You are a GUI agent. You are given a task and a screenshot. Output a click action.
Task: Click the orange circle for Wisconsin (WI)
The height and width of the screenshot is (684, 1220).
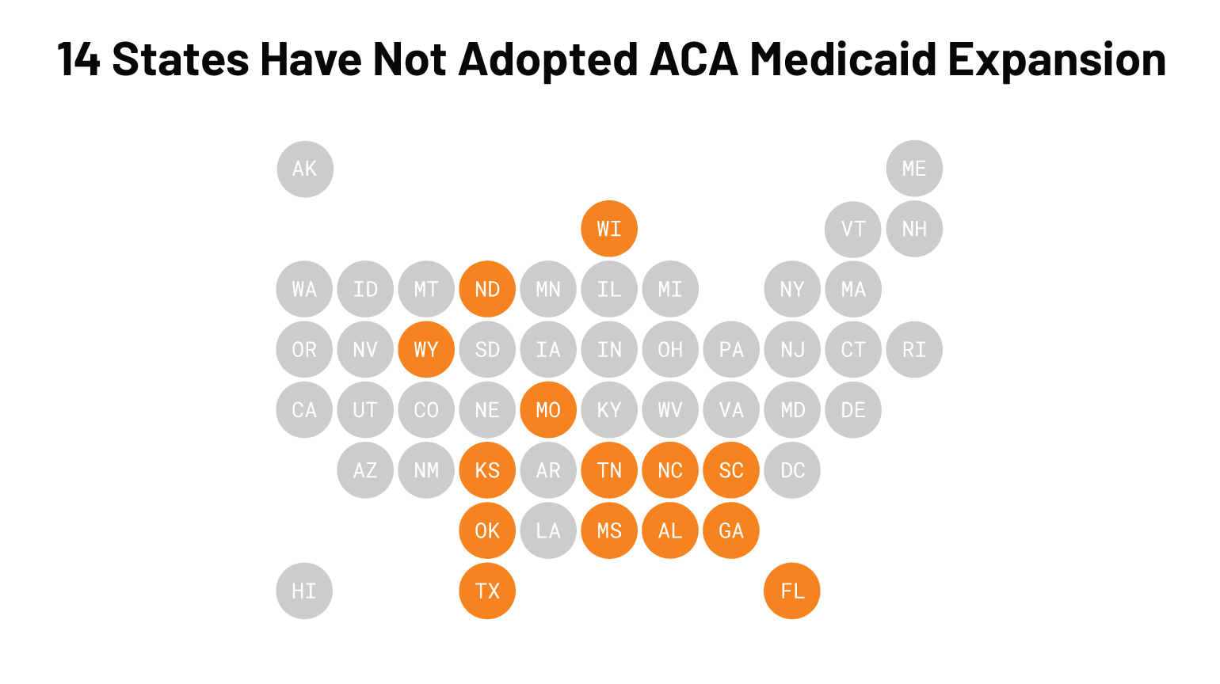click(609, 229)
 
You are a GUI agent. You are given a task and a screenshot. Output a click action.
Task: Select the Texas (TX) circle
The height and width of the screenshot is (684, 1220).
click(487, 591)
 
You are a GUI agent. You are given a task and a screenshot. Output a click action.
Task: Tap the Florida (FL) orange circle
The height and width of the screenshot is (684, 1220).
click(792, 591)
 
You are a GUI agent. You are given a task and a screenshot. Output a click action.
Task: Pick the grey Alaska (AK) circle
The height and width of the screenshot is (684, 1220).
click(305, 169)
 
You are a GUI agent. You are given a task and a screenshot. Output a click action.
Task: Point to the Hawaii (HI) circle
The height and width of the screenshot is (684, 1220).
click(304, 591)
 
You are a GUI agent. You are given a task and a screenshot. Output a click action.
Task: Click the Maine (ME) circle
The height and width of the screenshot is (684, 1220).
click(914, 169)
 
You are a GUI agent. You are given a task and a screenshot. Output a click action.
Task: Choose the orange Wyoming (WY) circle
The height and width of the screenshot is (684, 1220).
click(426, 349)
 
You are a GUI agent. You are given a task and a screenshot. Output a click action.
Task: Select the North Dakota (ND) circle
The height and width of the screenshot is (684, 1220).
click(487, 289)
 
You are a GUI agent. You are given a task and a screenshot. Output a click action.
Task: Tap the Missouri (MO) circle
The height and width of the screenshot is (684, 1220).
click(548, 410)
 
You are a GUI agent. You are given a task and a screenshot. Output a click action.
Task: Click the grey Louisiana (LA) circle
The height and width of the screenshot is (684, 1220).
click(548, 530)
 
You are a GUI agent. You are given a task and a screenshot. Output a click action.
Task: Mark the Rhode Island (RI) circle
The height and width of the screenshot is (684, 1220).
click(914, 349)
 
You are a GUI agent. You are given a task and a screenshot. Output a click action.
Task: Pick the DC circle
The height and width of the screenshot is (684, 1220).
click(792, 470)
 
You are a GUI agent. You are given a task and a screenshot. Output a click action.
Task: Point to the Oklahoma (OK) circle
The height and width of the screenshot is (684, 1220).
click(487, 530)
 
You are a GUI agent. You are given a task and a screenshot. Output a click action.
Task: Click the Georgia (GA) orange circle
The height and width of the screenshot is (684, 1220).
click(731, 530)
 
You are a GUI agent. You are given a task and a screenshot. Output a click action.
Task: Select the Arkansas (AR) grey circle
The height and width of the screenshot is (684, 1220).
click(548, 470)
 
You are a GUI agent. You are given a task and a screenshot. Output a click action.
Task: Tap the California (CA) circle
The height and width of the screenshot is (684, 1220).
click(304, 410)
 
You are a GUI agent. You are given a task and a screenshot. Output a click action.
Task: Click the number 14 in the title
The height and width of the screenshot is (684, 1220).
click(78, 59)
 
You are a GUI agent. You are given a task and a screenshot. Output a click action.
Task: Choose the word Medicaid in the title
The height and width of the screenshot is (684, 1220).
click(843, 59)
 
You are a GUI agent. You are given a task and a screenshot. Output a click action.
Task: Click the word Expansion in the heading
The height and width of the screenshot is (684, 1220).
click(1057, 59)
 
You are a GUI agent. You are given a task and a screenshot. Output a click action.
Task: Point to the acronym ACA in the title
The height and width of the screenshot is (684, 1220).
click(694, 59)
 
